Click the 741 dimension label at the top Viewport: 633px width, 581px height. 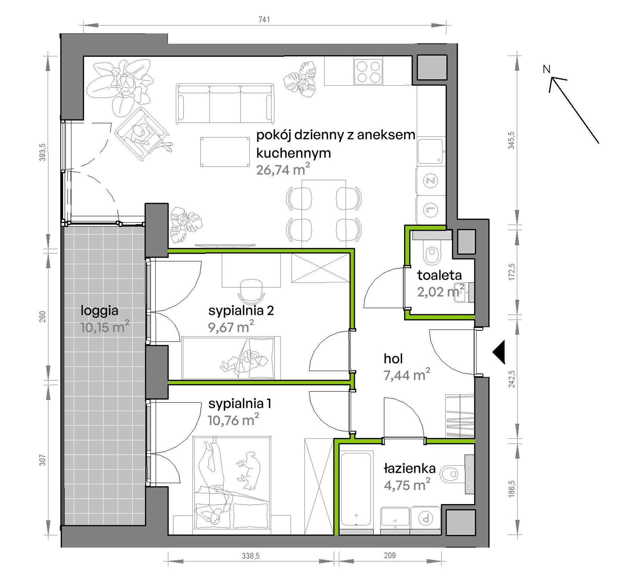[264, 20]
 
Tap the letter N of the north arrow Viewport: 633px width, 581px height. [546, 69]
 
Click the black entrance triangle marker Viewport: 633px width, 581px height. [499, 352]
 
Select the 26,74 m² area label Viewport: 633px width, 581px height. [283, 170]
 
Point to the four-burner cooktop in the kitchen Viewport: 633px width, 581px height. [368, 71]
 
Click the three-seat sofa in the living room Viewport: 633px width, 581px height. [225, 104]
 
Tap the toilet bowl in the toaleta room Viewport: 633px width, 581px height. [432, 255]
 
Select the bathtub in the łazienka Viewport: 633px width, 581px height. [356, 489]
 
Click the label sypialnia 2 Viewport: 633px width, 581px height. [241, 311]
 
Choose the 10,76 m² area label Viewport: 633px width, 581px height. [233, 420]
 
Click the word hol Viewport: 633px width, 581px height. [393, 359]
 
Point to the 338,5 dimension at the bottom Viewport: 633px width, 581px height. [251, 556]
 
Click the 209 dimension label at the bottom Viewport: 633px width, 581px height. [389, 555]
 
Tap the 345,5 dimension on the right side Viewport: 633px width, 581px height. [511, 140]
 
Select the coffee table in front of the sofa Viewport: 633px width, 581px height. [225, 152]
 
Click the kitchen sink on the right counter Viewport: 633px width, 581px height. [431, 151]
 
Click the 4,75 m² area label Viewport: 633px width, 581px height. [407, 485]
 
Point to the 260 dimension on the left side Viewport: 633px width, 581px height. [42, 317]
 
